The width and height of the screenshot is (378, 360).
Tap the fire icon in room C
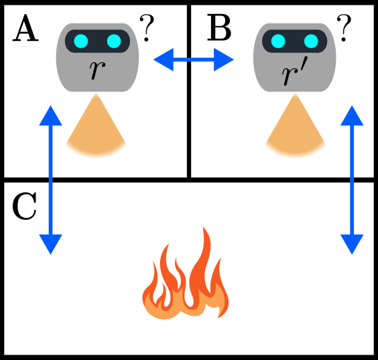coord(185,276)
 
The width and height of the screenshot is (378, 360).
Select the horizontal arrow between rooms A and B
coord(193,62)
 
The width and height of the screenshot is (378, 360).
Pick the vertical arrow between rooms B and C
coord(352,180)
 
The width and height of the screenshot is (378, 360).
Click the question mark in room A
coord(147,27)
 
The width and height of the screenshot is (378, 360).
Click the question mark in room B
coord(344,27)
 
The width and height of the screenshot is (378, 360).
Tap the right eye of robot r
coord(113,42)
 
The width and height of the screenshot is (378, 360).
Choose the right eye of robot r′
coord(310,42)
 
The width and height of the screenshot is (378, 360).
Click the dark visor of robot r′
coord(294,42)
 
